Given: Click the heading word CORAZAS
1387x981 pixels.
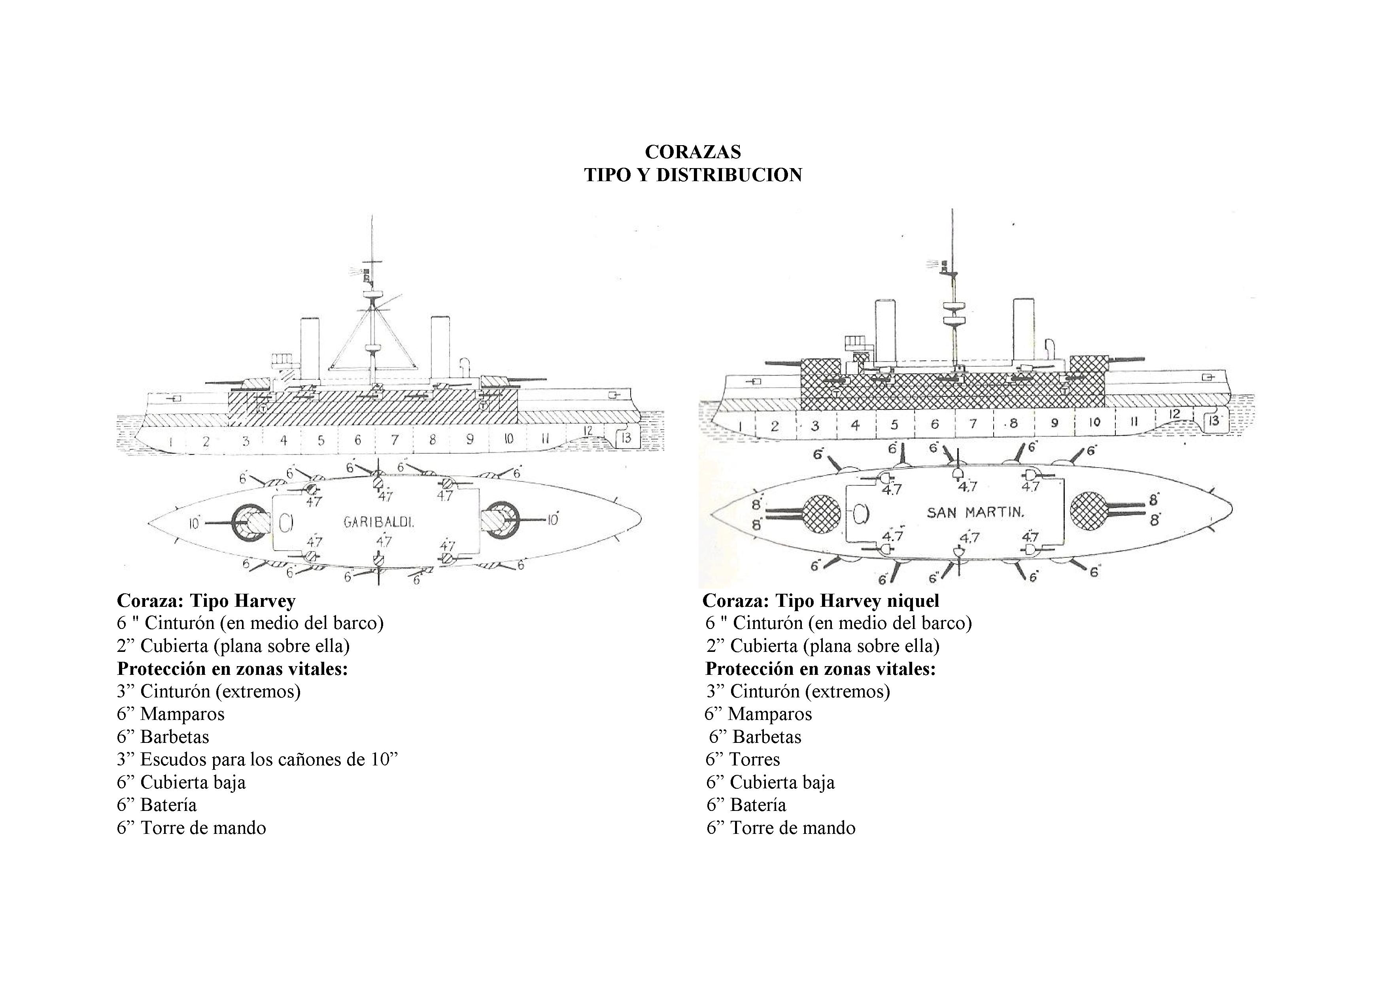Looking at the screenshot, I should [693, 152].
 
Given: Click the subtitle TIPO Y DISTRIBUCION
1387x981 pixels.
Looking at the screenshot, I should [693, 175].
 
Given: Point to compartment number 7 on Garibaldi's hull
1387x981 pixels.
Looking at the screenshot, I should [395, 440].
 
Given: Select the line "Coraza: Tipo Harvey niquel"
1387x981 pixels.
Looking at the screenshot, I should [821, 601].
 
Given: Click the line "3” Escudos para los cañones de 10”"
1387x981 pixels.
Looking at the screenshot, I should [257, 759].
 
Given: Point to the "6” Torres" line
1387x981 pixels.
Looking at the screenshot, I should [743, 759].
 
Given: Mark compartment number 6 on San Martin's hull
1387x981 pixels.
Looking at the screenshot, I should [935, 424].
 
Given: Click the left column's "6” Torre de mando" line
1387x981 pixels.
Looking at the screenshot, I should [191, 828].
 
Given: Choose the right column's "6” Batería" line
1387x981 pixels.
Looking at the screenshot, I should [746, 805].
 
